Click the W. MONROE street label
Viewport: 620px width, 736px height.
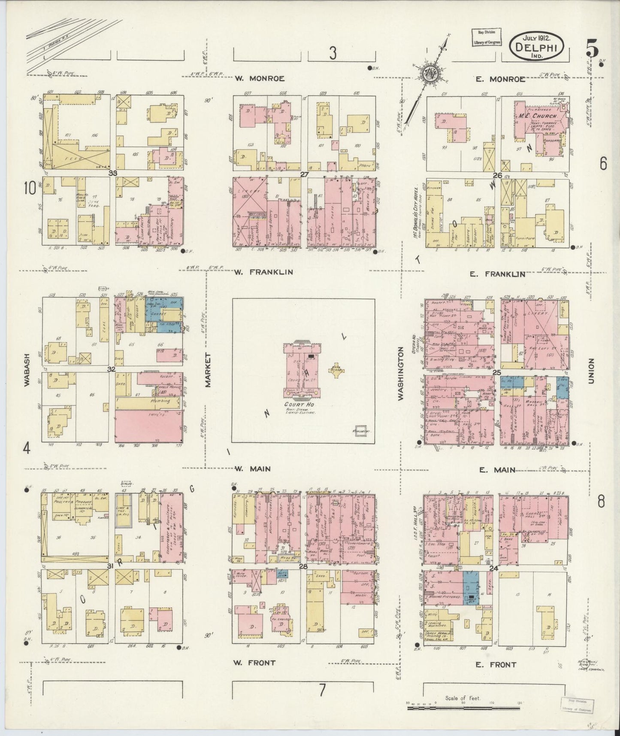click(x=260, y=79)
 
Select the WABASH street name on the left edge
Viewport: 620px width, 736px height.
click(x=27, y=370)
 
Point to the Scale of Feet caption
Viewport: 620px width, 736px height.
click(x=463, y=698)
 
